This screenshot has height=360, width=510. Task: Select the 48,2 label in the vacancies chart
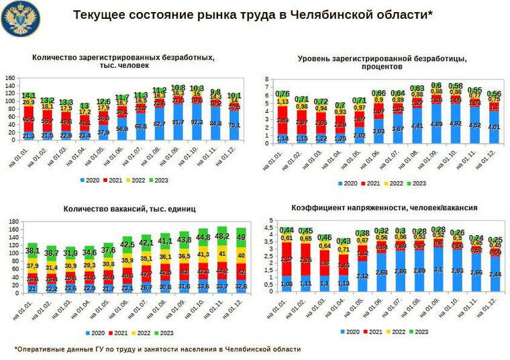(221, 236)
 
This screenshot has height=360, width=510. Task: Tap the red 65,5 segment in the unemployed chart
(29, 119)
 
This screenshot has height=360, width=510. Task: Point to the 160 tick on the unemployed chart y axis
(11, 78)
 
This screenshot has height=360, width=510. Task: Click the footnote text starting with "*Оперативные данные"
(158, 349)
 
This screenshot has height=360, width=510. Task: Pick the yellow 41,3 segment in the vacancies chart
(202, 255)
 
